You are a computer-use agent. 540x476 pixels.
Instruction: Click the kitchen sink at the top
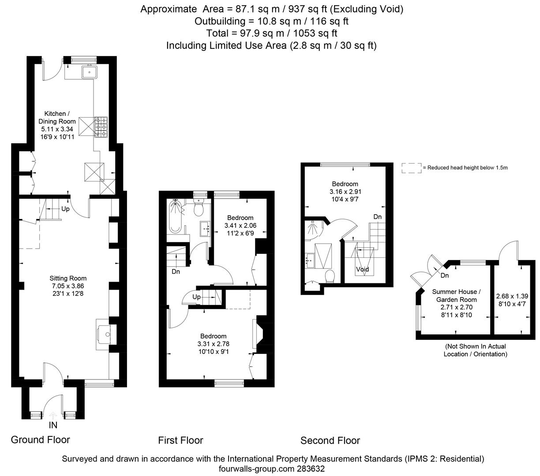coord(89,72)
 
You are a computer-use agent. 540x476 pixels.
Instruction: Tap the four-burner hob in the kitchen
coord(101,127)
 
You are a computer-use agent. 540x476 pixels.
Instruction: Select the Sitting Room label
coord(68,279)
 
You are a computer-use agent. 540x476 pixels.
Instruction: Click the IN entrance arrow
coord(53,416)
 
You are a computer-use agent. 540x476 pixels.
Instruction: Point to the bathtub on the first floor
coord(175,216)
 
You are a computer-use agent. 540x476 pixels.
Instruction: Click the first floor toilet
coord(198,207)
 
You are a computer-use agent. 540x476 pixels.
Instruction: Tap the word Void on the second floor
coord(362,269)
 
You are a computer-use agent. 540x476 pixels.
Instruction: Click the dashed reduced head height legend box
coord(412,168)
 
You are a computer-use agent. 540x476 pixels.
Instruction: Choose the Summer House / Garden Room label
coord(456,296)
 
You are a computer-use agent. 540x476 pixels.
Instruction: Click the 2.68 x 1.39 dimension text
coord(512,296)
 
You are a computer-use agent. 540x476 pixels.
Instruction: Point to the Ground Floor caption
coord(40,440)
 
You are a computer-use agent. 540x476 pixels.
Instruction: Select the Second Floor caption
coord(330,441)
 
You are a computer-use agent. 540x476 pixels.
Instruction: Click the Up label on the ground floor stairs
coord(65,208)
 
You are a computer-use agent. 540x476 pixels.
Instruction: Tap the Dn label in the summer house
coord(445,275)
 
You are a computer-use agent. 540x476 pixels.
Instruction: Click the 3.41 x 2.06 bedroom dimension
coord(240,226)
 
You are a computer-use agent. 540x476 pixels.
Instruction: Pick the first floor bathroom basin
coord(205,229)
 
